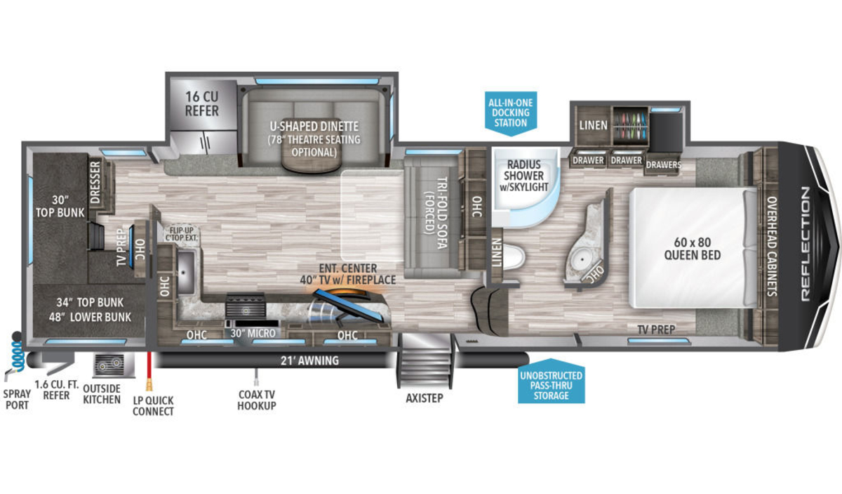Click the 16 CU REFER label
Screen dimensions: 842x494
(202, 103)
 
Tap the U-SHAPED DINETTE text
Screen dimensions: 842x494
(314, 126)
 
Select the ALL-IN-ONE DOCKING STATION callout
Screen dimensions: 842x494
(511, 112)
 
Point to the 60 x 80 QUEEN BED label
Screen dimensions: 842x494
(693, 249)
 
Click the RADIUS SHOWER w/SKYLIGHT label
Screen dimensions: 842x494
(523, 176)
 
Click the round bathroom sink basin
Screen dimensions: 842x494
(582, 259)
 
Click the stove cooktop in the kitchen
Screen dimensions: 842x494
(246, 306)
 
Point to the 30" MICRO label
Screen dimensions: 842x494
(253, 333)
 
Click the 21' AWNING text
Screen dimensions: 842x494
(309, 360)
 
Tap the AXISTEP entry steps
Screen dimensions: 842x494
(425, 360)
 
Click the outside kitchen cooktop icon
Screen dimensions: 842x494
(113, 365)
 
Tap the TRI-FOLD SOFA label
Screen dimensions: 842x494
(436, 213)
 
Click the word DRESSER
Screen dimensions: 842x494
(95, 182)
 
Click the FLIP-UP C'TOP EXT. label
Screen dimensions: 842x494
(181, 234)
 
